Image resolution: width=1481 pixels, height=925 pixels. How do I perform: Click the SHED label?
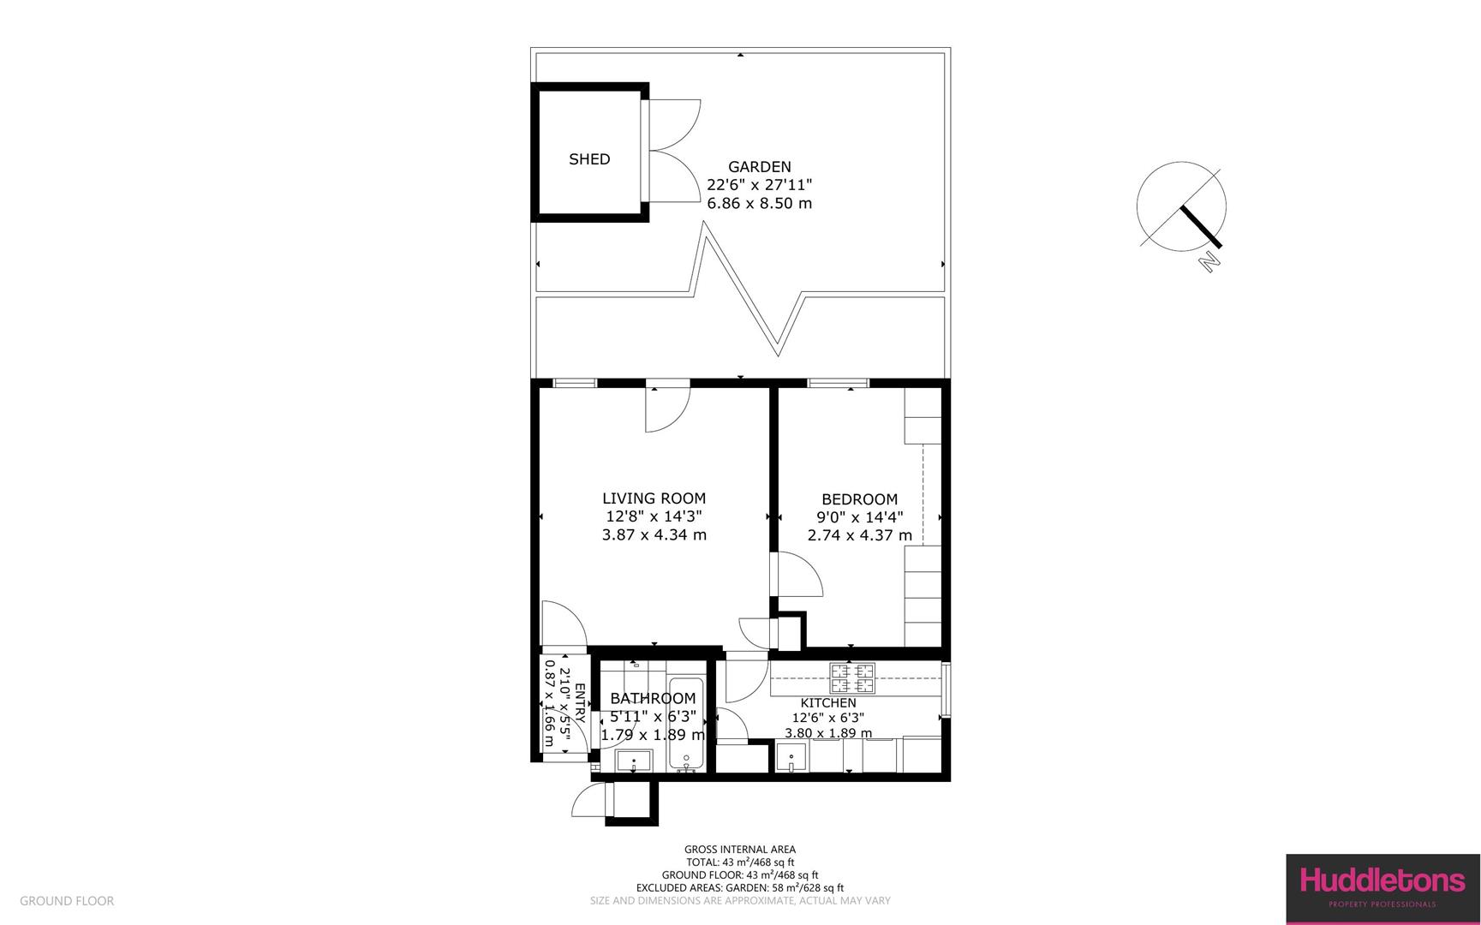coord(589,159)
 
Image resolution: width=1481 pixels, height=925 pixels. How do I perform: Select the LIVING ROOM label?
coord(654,498)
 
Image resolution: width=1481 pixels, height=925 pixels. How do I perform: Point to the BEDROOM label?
coord(859,499)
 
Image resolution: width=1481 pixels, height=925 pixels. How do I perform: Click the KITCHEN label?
coord(827,703)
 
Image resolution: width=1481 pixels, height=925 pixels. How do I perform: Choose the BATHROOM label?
coord(653,699)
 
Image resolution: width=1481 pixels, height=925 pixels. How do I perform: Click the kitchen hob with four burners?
coord(852,679)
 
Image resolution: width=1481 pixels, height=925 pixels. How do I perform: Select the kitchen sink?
coord(791,757)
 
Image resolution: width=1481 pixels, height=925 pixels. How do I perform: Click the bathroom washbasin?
coord(634,761)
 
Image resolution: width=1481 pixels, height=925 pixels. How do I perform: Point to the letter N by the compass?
coord(1209,261)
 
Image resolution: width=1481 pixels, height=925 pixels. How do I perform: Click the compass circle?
coord(1181,206)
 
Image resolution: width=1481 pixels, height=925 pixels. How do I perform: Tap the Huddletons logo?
coord(1382,888)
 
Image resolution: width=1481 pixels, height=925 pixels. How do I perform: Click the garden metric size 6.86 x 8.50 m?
coord(759,204)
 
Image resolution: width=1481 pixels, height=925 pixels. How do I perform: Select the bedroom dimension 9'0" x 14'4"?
coord(859,517)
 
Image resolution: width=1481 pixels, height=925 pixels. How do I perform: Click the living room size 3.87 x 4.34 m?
coord(654,535)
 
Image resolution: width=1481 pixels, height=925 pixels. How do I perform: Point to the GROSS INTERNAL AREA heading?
coord(739,850)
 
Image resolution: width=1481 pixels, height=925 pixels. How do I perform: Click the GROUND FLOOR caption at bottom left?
coord(67,901)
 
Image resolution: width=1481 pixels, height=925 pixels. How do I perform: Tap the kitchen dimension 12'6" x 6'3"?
coord(827,718)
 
